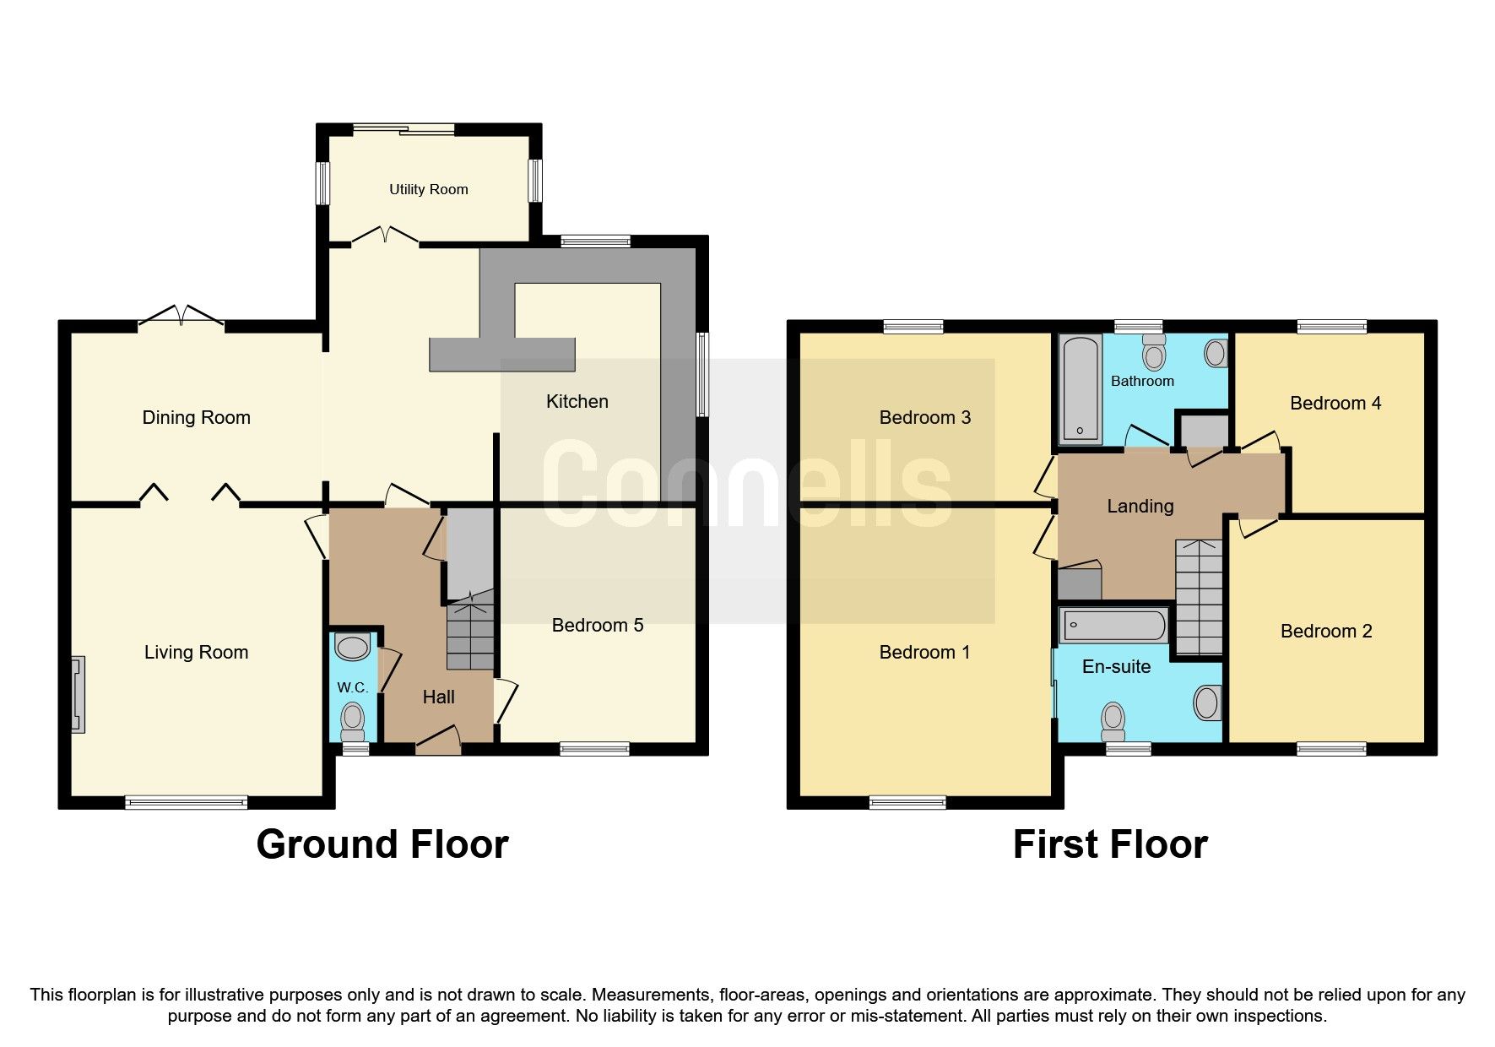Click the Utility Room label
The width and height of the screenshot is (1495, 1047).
point(428,189)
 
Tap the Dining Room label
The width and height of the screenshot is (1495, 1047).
point(196,417)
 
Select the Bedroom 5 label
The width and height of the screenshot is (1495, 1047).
point(597,625)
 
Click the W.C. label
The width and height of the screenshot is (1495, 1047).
point(352,687)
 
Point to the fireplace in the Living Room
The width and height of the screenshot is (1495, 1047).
point(78,694)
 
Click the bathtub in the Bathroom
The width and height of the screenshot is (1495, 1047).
point(1081,389)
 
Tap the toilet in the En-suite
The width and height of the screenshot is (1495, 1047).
point(1113,720)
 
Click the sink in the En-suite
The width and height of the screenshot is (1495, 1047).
point(1208,703)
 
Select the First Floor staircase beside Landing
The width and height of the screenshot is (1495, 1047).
point(1199,597)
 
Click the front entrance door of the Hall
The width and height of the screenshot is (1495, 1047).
point(438,743)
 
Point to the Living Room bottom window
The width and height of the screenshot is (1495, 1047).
point(186,802)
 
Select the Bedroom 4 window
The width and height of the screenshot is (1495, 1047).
point(1331,327)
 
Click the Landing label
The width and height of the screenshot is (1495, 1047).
point(1140,506)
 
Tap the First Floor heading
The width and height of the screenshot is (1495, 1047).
point(1109,844)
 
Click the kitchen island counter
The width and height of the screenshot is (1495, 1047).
point(502,354)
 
